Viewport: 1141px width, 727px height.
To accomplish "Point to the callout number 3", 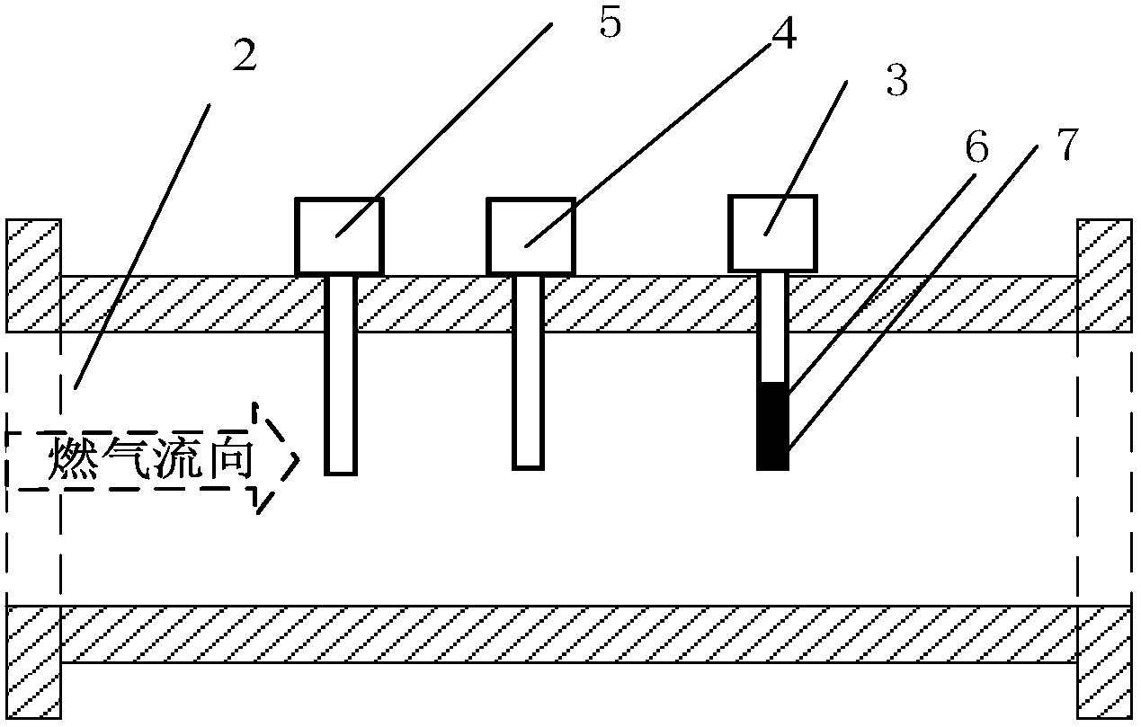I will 896,80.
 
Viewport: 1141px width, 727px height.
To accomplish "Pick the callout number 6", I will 976,147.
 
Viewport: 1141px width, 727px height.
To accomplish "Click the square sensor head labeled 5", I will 340,235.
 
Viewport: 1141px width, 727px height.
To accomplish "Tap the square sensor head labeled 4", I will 530,235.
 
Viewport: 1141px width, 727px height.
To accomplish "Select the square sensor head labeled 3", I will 772,233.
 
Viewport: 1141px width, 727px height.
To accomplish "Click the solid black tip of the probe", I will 772,426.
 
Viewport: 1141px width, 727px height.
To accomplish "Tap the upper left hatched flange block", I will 33,276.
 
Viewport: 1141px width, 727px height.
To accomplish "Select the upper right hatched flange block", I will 1104,276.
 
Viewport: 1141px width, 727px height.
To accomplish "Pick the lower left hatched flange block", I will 33,662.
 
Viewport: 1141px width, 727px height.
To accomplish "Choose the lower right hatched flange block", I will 1104,662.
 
